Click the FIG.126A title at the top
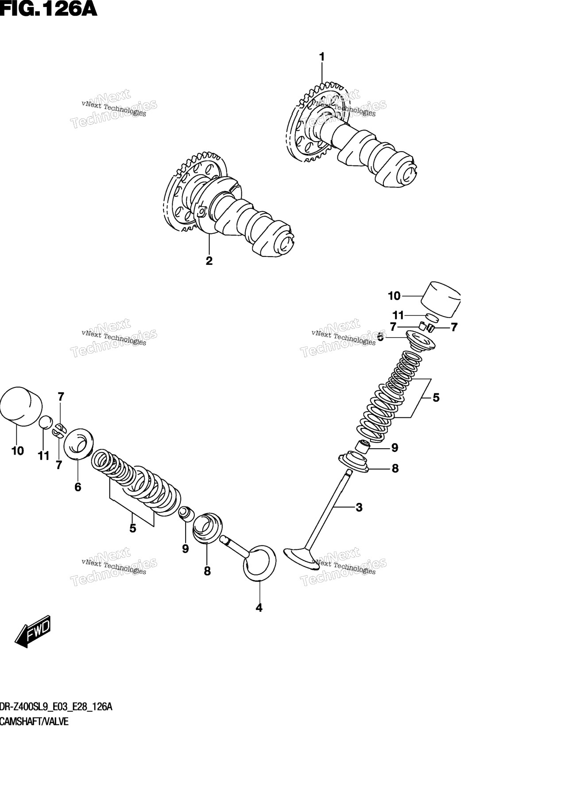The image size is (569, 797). (x=48, y=9)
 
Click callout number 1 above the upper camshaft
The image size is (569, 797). (x=322, y=57)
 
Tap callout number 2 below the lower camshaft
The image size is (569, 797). (x=209, y=261)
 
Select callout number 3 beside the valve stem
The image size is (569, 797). (x=359, y=507)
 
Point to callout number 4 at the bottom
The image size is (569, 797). (x=259, y=608)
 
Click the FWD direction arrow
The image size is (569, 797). (x=33, y=631)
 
